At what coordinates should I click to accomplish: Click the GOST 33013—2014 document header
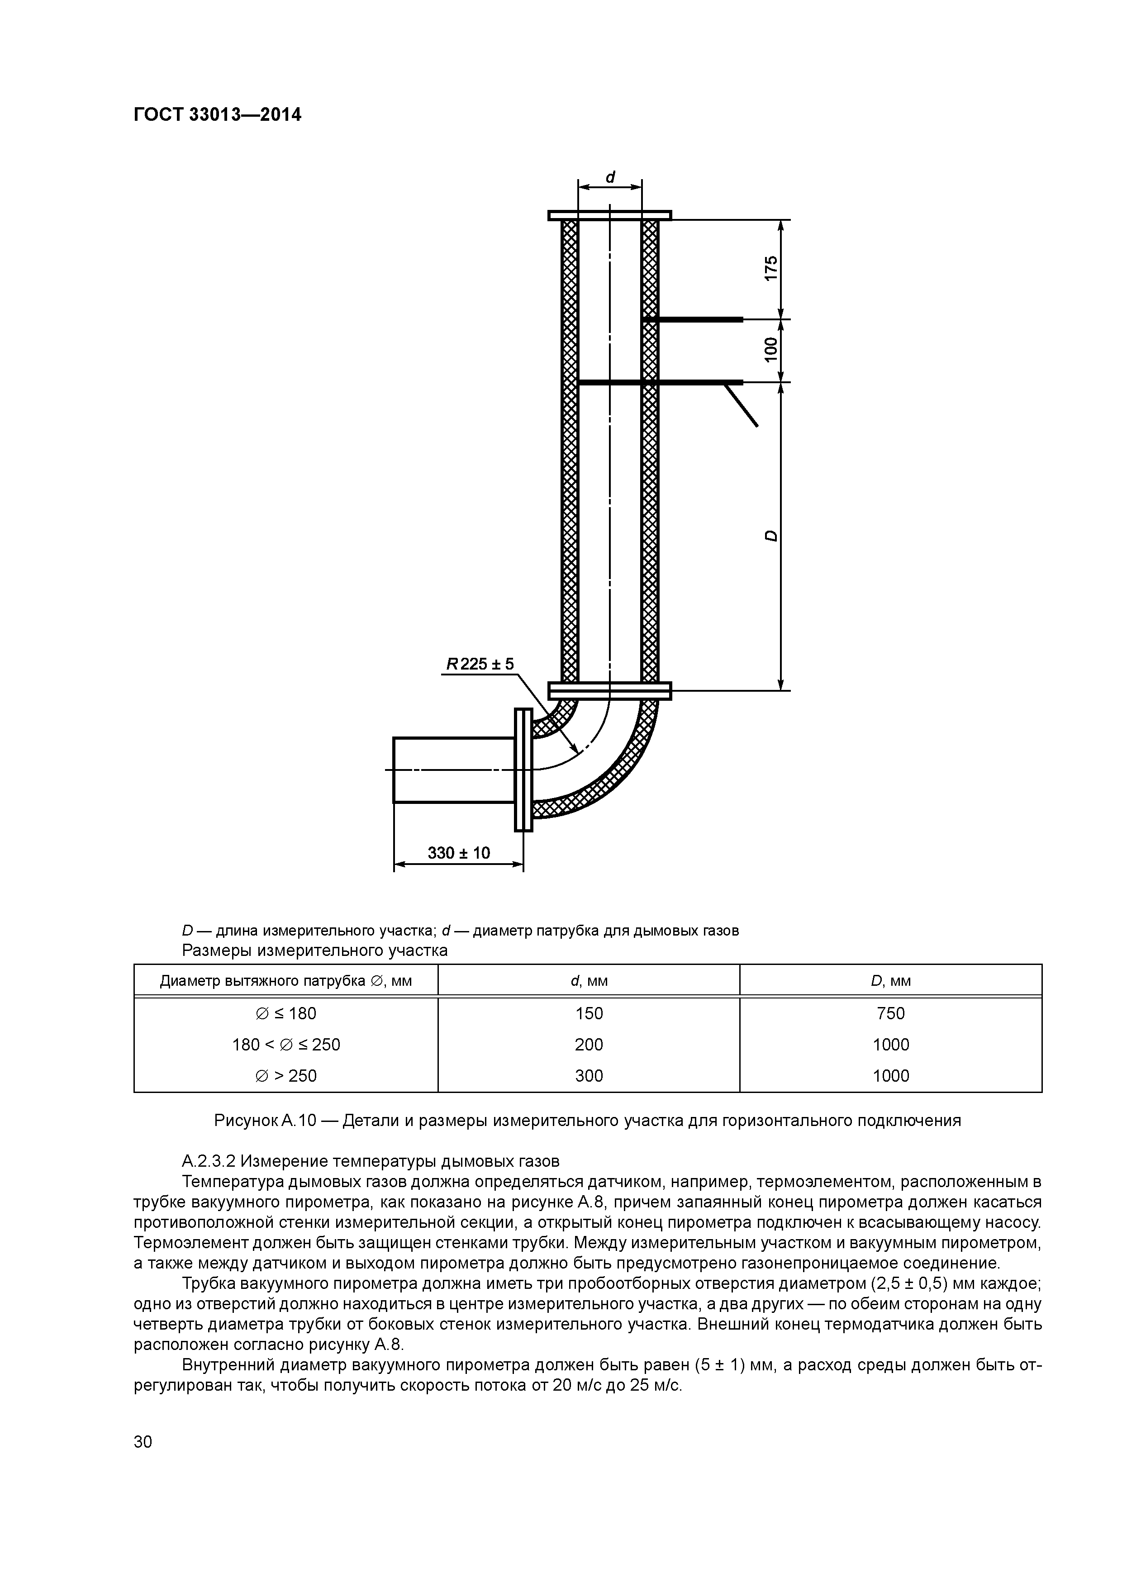[x=217, y=115]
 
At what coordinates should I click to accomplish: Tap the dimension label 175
[x=771, y=267]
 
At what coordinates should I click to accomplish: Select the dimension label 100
[x=771, y=350]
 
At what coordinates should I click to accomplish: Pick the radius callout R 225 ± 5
[x=480, y=664]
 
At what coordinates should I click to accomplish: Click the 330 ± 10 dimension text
[x=458, y=853]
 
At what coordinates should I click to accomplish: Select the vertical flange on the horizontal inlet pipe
[x=523, y=770]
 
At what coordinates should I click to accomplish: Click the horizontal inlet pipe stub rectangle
[x=453, y=770]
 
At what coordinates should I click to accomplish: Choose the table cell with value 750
[x=890, y=1013]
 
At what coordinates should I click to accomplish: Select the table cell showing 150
[x=589, y=1013]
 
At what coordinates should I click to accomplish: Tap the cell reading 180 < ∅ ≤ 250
[x=286, y=1045]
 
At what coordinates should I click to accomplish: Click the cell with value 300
[x=589, y=1075]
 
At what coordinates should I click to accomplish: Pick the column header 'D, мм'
[x=890, y=981]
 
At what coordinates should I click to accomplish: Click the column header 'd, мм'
[x=589, y=981]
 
